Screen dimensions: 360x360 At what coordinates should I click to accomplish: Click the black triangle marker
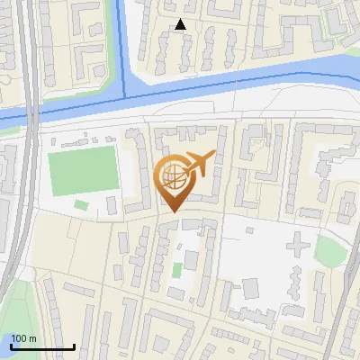181,25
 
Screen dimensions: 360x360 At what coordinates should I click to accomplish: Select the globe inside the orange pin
173,177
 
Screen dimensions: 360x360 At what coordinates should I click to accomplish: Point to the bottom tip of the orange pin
173,212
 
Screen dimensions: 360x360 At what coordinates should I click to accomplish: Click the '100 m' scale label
23,338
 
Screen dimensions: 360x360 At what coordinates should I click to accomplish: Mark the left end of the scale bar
10,347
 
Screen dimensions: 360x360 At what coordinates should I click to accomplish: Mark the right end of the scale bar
74,347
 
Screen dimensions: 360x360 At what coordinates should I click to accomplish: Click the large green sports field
84,173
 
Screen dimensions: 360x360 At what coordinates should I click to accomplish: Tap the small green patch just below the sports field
81,205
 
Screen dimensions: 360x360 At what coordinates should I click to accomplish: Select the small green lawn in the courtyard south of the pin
177,269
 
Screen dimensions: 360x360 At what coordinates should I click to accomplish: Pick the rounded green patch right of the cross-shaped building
330,251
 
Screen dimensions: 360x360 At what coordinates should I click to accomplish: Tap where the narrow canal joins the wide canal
126,93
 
